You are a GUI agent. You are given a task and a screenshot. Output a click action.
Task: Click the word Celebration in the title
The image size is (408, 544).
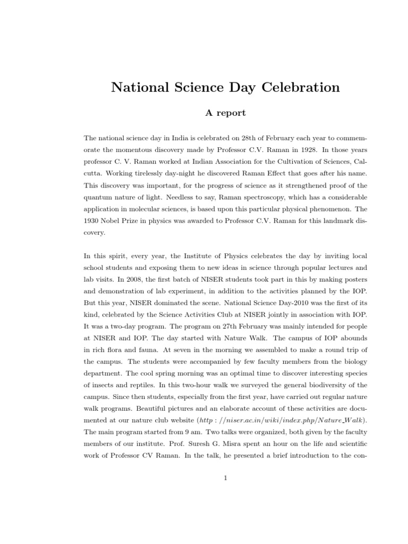[301, 88]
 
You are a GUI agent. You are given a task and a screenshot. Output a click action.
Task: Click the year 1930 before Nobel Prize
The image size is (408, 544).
[93, 220]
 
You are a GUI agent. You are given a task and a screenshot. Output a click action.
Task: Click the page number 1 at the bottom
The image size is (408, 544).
[225, 478]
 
